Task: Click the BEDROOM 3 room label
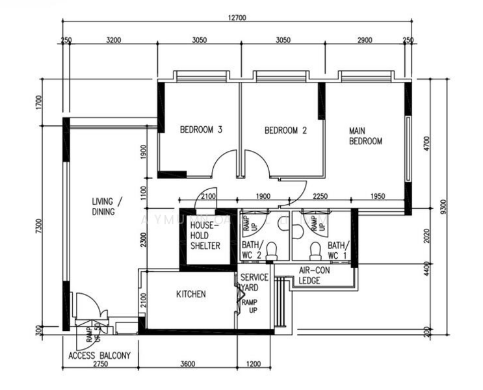(x=201, y=130)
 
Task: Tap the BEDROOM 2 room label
(x=285, y=130)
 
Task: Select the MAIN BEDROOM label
(x=365, y=135)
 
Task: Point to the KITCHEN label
(x=191, y=294)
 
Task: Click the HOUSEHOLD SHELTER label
(x=205, y=235)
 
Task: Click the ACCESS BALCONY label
(x=99, y=356)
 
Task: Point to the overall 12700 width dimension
(x=237, y=18)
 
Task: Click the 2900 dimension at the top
(x=364, y=40)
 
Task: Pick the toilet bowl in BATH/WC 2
(x=273, y=250)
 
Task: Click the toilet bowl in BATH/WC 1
(x=315, y=250)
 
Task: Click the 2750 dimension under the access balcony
(x=101, y=365)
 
